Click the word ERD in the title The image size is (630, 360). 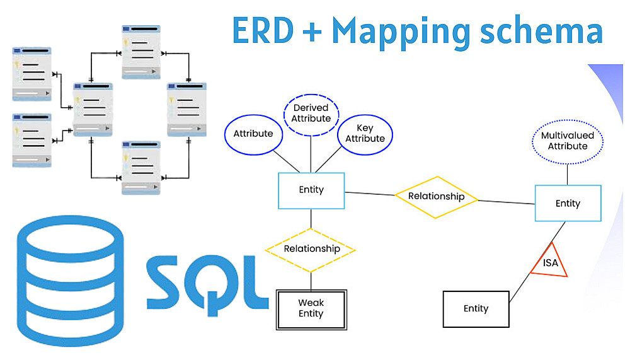(x=264, y=30)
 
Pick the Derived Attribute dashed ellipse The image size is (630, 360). (x=311, y=113)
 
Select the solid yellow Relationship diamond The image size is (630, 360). (x=436, y=197)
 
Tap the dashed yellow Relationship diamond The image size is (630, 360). (x=311, y=248)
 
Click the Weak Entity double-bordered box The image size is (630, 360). (x=311, y=309)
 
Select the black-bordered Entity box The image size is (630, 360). (x=476, y=308)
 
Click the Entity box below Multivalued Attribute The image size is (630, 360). (x=568, y=203)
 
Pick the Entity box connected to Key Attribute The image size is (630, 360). (x=311, y=190)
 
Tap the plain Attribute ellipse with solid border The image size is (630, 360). (x=253, y=134)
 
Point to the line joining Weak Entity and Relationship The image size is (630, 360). (x=311, y=281)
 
